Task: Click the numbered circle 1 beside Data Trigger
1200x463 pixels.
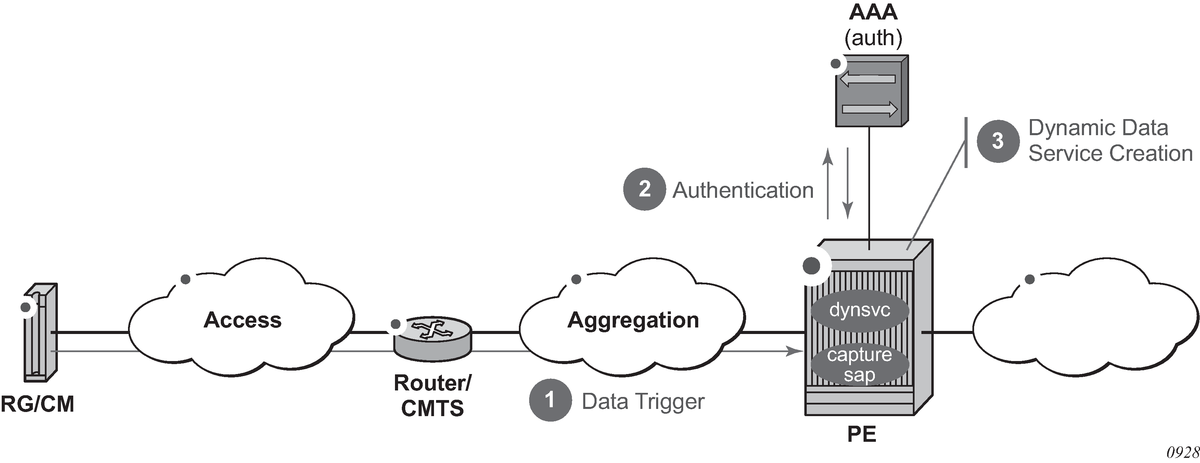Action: tap(550, 400)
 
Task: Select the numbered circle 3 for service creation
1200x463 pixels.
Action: tap(998, 141)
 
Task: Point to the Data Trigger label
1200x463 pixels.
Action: tap(643, 401)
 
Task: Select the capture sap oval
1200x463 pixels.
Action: tap(859, 365)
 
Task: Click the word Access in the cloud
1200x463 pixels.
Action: tap(243, 320)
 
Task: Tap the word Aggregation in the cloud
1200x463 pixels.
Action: tap(633, 320)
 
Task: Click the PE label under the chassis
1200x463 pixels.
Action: tap(861, 434)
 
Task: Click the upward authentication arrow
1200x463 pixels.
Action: tap(828, 184)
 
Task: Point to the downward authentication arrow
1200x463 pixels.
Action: tap(848, 184)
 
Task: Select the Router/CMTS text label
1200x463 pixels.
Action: tap(432, 396)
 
